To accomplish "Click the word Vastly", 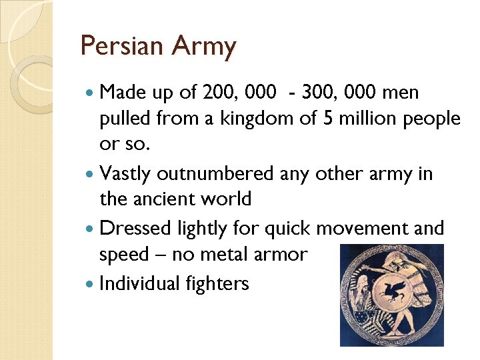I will pos(125,174).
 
